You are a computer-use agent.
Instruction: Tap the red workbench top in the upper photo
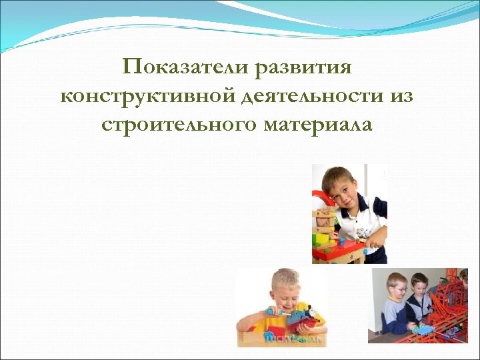(x=339, y=252)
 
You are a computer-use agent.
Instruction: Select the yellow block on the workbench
(x=322, y=237)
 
